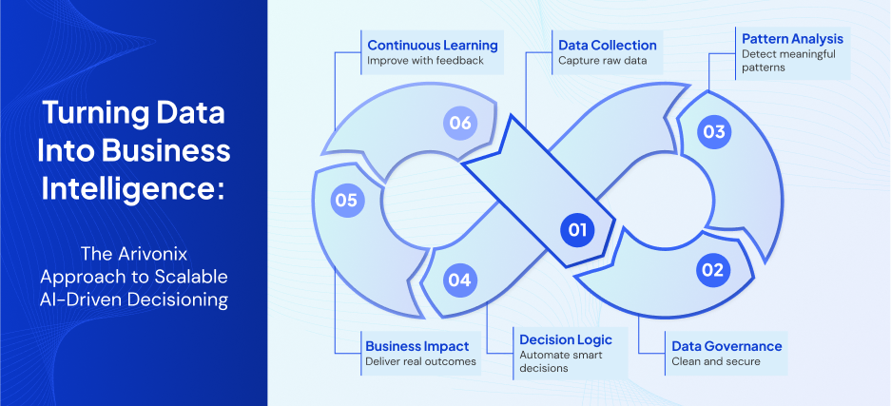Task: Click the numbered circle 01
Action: tap(576, 229)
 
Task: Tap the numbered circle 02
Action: tap(712, 269)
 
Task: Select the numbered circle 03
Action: tap(712, 132)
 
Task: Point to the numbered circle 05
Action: tap(345, 200)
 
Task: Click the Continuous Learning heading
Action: tap(432, 45)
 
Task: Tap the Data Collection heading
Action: tap(607, 45)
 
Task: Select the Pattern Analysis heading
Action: tap(791, 39)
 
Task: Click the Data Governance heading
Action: tap(726, 346)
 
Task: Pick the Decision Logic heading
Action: tap(565, 339)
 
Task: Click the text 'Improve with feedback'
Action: tap(426, 61)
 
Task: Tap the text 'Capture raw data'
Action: tap(602, 61)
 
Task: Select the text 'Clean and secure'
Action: tap(715, 361)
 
